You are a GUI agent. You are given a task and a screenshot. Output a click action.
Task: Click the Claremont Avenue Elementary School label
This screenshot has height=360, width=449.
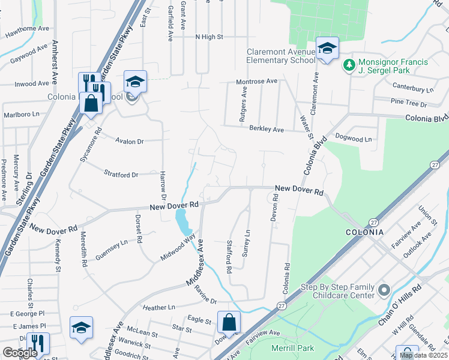[280, 56]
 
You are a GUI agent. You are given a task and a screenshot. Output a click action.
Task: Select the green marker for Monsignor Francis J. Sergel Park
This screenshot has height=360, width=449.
[348, 64]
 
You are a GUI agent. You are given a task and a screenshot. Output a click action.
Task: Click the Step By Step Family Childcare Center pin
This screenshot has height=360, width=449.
[385, 291]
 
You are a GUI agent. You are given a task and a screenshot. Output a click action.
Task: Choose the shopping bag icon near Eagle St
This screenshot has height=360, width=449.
[229, 322]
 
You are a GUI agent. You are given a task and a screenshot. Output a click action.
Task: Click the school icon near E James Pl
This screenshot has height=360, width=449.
[81, 328]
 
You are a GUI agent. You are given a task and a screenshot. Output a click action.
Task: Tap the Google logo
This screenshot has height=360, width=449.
[19, 353]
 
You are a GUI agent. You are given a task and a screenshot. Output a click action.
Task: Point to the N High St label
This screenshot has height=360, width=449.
[209, 37]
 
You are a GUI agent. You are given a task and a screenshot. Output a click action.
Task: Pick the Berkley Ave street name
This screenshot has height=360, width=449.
[266, 129]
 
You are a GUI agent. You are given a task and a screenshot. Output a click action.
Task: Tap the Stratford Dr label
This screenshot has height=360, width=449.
[122, 175]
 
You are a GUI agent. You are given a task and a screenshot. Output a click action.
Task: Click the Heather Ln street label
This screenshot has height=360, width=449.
[158, 307]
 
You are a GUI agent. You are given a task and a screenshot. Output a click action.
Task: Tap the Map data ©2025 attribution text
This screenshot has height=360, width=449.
[423, 355]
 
